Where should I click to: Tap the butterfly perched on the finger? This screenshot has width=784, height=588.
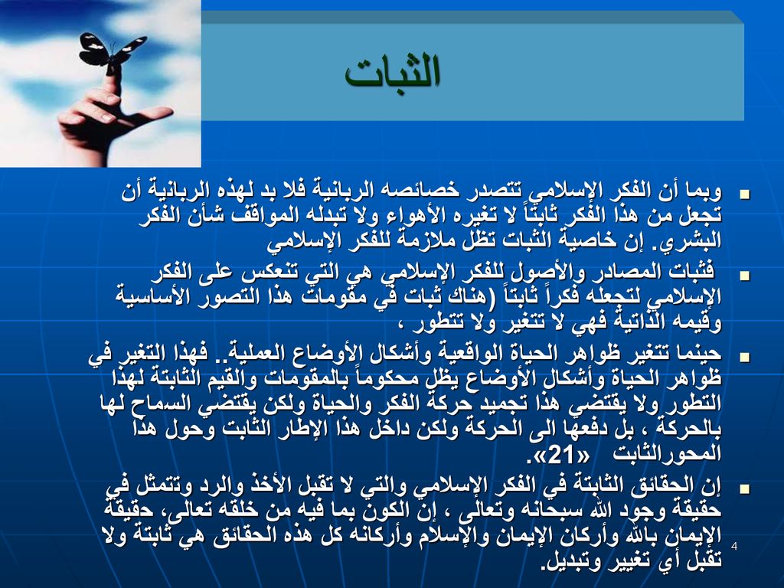(x=112, y=49)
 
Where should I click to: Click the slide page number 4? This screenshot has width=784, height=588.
(x=734, y=546)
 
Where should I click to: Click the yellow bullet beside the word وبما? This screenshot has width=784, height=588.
(x=745, y=194)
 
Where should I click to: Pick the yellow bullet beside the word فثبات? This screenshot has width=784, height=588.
(x=745, y=276)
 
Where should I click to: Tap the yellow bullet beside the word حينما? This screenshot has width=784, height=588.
(x=745, y=357)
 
